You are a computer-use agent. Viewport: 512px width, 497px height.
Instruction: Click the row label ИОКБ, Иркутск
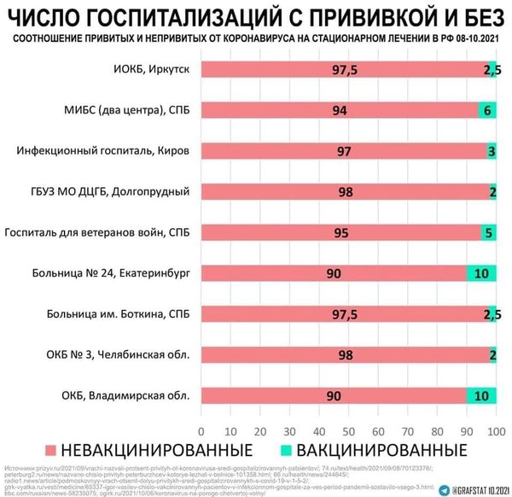coord(152,70)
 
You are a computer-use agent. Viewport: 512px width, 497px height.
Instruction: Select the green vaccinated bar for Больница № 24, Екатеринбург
coord(481,273)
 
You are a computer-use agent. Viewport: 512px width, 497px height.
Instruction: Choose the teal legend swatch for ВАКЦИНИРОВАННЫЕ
coord(283,450)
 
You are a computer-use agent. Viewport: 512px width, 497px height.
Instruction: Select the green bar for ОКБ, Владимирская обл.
coord(481,395)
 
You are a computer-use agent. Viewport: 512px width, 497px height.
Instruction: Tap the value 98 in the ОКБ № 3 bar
coord(346,354)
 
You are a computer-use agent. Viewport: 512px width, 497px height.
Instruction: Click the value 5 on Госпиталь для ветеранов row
coord(488,232)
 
